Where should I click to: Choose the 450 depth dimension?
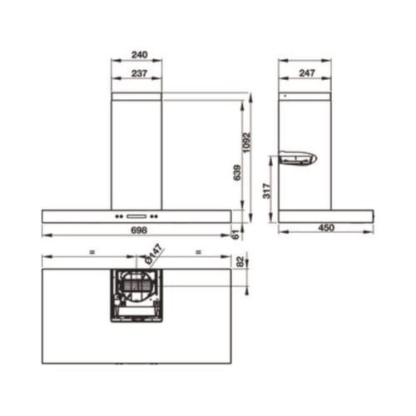(x=325, y=226)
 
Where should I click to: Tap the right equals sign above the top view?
(x=198, y=250)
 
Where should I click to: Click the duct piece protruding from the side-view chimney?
(x=298, y=158)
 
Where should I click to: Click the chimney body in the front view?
(x=136, y=150)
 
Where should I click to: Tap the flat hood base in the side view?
(x=325, y=215)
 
